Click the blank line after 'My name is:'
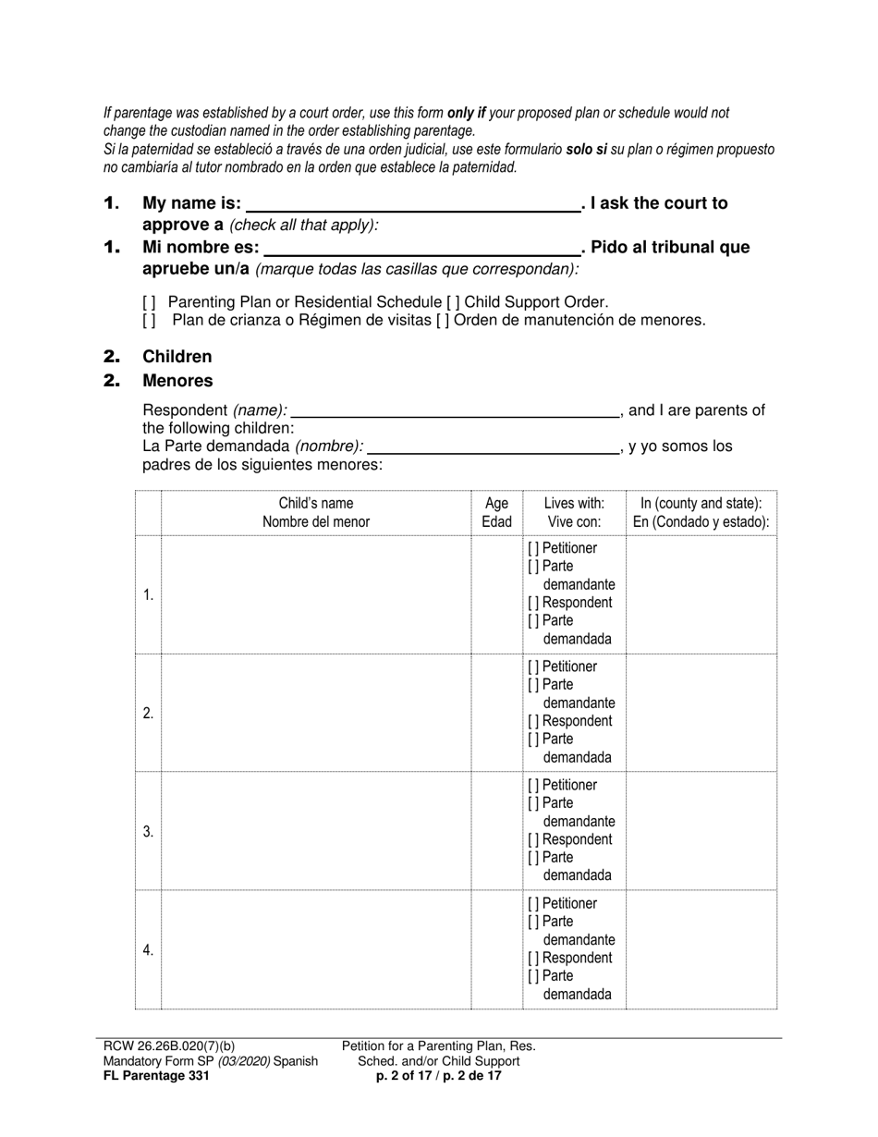411,205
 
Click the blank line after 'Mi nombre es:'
422,249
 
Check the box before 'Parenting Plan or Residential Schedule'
149,302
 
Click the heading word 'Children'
177,357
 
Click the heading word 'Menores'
177,381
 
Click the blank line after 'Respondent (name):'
455,412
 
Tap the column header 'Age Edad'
496,512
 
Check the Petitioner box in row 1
533,548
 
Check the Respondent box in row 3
533,839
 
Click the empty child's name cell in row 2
316,713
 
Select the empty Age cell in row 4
496,949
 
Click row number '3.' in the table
148,831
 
